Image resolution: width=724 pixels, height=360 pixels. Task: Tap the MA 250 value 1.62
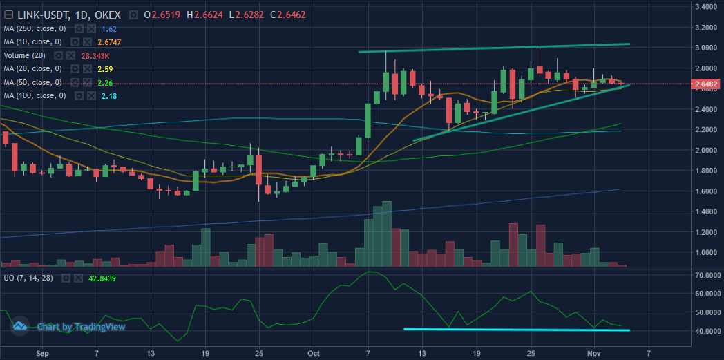pos(109,28)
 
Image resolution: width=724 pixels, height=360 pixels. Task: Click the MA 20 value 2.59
pos(105,69)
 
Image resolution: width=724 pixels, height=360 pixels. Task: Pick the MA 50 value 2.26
pos(105,83)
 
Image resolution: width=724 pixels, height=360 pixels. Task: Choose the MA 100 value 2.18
pos(109,96)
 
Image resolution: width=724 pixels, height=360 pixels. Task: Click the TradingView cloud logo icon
pos(19,325)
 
